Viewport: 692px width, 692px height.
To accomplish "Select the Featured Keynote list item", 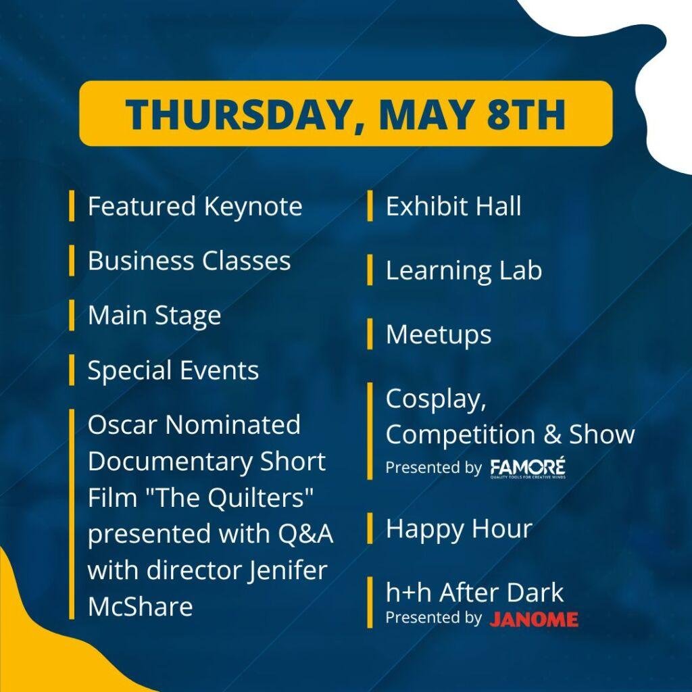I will [x=195, y=206].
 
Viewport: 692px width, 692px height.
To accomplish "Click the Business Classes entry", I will [x=189, y=261].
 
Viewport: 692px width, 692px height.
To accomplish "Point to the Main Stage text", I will [x=154, y=316].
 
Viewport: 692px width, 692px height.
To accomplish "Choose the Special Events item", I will [x=173, y=370].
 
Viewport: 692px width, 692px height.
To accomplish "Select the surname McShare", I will [x=140, y=606].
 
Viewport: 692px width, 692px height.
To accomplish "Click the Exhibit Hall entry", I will [x=453, y=207].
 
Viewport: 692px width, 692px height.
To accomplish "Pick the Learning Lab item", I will [x=464, y=270].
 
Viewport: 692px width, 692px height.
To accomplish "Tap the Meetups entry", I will [x=439, y=335].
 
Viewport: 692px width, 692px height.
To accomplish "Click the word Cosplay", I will [x=435, y=399].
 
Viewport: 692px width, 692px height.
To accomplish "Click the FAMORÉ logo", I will [x=528, y=468].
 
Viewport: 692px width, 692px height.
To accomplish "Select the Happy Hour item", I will [x=459, y=528].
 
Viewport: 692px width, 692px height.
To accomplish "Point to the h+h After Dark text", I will [x=474, y=593].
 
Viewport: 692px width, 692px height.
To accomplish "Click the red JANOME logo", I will [x=534, y=619].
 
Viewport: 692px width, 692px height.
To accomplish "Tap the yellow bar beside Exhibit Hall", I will [x=370, y=206].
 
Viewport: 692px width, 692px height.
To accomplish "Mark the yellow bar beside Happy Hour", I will [x=370, y=528].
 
